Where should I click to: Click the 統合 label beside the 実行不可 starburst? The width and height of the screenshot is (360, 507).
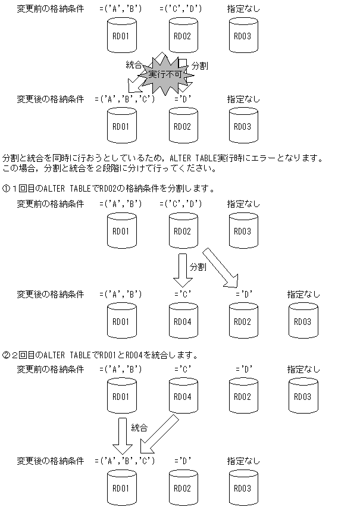(x=133, y=65)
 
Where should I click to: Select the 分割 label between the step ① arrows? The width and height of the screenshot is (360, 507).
(x=198, y=267)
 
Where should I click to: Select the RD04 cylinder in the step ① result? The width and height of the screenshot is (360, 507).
(x=181, y=321)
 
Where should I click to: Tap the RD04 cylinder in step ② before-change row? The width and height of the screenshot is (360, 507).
(x=181, y=396)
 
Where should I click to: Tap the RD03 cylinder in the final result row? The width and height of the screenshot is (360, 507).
(x=242, y=488)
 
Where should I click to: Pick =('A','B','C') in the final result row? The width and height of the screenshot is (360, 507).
(x=124, y=461)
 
